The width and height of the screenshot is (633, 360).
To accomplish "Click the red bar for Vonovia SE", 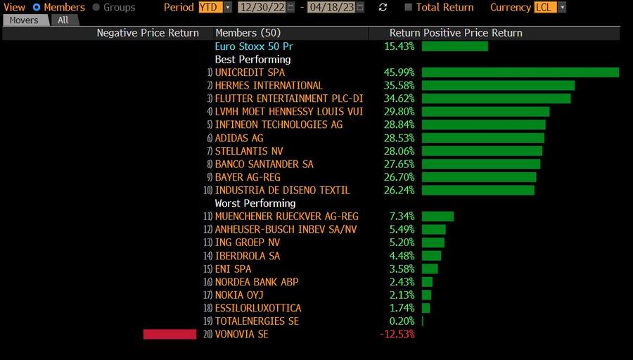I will [x=170, y=334].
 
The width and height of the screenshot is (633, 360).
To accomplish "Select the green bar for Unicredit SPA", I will [x=520, y=72].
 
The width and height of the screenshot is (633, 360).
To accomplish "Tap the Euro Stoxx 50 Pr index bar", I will [x=454, y=46].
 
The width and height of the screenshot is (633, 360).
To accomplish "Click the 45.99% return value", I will [x=399, y=72].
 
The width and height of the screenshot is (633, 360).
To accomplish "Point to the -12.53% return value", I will [x=397, y=334].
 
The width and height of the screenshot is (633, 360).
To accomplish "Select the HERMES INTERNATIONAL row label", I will [x=269, y=85].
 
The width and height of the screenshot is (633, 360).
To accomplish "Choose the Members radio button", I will [x=37, y=7].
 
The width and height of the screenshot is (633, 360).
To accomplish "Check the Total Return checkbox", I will [x=409, y=7].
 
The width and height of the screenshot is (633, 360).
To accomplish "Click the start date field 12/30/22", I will [x=261, y=7].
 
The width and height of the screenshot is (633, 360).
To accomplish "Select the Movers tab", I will [x=24, y=20].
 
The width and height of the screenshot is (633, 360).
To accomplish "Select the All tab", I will [x=63, y=20].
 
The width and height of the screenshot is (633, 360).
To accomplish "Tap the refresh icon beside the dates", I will [x=383, y=7].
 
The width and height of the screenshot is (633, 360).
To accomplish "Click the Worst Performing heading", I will [x=255, y=203].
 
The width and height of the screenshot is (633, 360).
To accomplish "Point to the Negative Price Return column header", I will [x=148, y=33].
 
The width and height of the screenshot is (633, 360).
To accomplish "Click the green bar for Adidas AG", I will [x=482, y=138].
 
